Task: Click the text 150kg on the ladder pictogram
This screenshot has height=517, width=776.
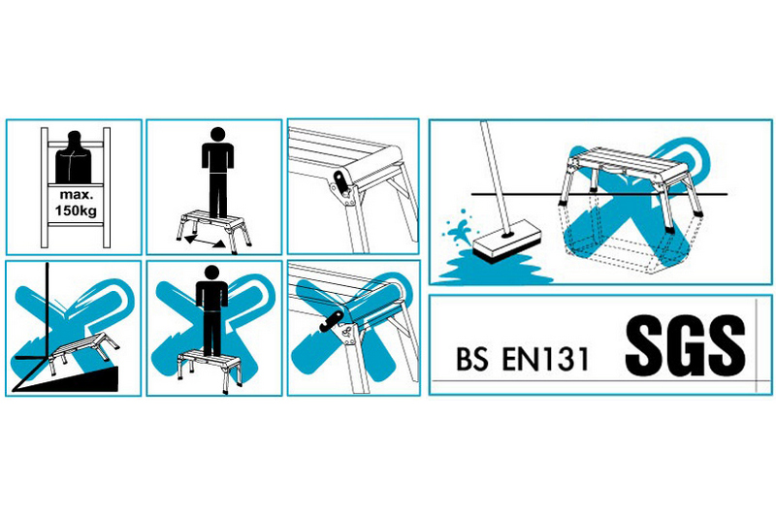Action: [x=76, y=210]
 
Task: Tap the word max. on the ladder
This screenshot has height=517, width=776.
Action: [x=76, y=195]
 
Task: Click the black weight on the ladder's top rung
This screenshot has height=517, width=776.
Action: [x=75, y=158]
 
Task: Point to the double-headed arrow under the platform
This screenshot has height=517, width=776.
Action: [x=205, y=242]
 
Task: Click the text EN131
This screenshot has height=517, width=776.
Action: [x=546, y=359]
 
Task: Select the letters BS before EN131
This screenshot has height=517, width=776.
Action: [x=472, y=359]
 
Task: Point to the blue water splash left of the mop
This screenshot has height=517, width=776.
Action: [x=459, y=228]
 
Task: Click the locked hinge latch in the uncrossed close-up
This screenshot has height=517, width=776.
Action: [x=342, y=185]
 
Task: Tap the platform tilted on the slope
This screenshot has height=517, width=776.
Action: [x=81, y=351]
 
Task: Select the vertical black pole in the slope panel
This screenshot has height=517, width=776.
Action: [x=47, y=311]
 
